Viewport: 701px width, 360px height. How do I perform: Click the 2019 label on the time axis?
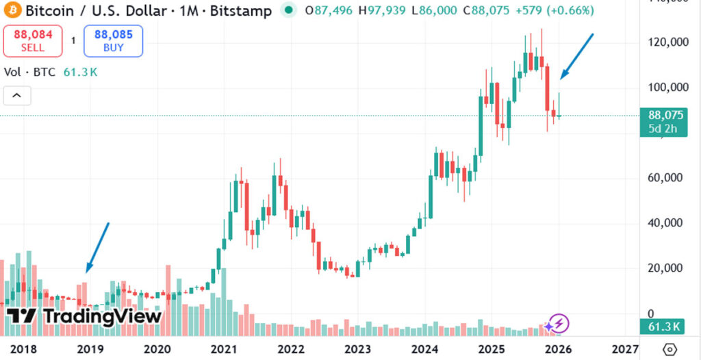tap(90, 349)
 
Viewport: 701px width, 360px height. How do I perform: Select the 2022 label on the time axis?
tap(291, 349)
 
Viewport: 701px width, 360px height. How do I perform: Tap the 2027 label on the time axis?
tap(624, 349)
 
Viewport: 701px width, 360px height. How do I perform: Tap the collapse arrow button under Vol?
tap(17, 96)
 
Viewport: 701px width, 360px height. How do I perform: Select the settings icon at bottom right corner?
tap(671, 348)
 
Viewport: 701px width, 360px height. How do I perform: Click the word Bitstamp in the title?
tap(242, 11)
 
